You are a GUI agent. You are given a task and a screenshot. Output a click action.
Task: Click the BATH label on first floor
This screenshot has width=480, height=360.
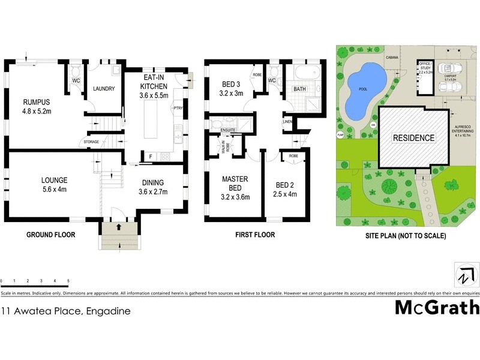tap(300, 89)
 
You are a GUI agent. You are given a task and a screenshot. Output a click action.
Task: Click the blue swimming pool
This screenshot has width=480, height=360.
tap(364, 91)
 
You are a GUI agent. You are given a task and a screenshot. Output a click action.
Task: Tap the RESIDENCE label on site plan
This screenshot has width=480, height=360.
tap(413, 138)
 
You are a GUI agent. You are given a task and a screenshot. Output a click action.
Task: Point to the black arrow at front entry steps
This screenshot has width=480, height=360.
tap(118, 227)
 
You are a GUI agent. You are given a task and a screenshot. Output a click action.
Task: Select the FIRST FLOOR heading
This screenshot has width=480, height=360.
tap(255, 235)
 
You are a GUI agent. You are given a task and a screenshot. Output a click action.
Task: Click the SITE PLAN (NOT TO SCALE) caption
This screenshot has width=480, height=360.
tap(406, 236)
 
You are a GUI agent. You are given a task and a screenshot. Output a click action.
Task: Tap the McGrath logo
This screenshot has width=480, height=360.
tap(437, 307)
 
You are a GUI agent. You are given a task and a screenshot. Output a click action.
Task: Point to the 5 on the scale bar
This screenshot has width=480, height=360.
tap(68, 281)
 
